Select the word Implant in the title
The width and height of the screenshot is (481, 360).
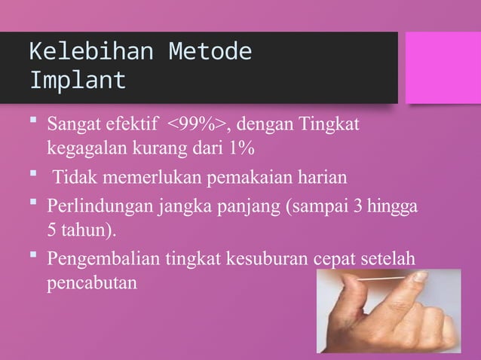point(78,79)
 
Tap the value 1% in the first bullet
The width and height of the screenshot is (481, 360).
point(240,145)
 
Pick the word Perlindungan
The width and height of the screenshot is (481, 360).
point(94,206)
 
